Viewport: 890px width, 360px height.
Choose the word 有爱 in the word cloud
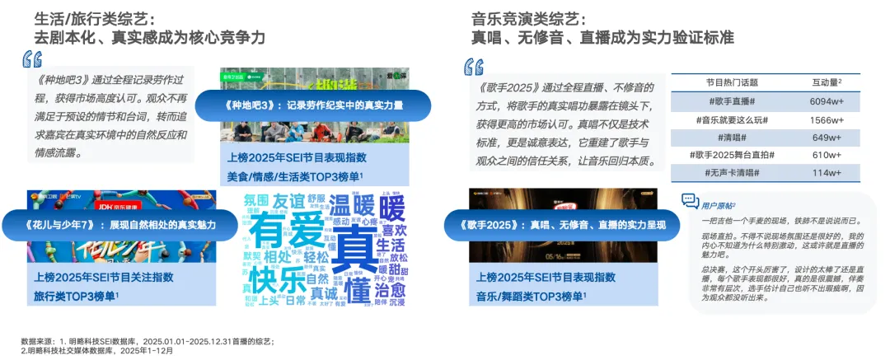(x=285, y=231)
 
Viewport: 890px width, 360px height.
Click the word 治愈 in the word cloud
(x=390, y=290)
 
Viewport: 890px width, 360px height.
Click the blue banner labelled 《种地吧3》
(x=325, y=105)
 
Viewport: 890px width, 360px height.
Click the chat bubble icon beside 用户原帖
(x=690, y=200)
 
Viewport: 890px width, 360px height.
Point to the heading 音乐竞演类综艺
(x=528, y=17)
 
